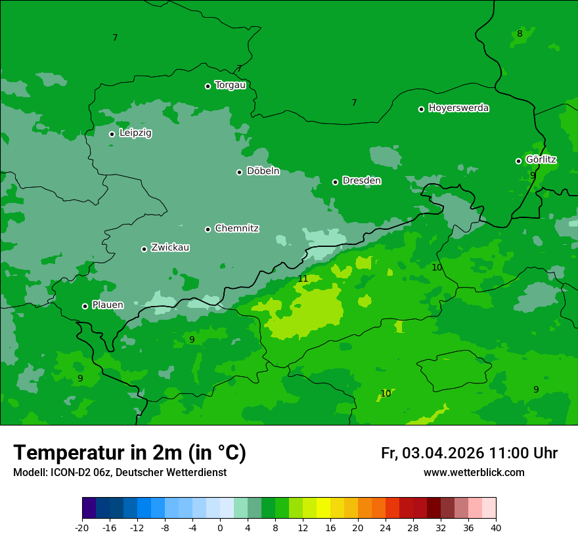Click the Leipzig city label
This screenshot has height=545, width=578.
(135, 133)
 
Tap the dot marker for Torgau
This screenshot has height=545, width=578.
(208, 86)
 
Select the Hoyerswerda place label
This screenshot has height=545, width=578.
(458, 108)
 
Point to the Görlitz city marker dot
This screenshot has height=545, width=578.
(518, 161)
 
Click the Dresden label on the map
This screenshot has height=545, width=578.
(361, 181)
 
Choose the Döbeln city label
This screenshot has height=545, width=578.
(263, 171)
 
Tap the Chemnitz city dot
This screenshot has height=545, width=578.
(208, 229)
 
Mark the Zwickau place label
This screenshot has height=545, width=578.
(170, 248)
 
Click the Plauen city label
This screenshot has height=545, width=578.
(108, 305)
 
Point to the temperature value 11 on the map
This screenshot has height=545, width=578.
(303, 279)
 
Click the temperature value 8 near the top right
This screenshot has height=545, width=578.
(520, 34)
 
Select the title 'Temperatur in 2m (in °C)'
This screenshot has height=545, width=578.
(129, 452)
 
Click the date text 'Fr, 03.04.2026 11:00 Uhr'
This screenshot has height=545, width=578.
(469, 453)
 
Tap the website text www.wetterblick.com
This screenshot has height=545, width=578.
(474, 472)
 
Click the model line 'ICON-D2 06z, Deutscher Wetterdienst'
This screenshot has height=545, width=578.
(120, 472)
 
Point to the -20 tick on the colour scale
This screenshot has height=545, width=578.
(82, 527)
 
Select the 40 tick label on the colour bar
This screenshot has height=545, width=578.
(496, 527)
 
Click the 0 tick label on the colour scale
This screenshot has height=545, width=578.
(220, 527)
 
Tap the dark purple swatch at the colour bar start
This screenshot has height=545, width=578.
(89, 508)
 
